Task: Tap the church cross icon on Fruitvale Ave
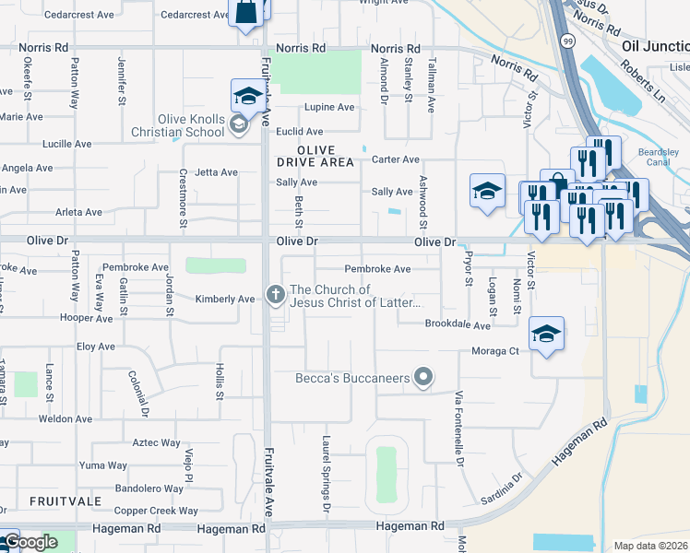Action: [x=274, y=295]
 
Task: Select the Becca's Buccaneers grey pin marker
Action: [x=423, y=376]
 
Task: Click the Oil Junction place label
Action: [x=655, y=47]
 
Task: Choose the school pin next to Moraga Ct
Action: [x=546, y=334]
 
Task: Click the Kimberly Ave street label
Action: [x=224, y=300]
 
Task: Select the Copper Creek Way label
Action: [x=156, y=511]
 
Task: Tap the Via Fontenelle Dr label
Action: [x=458, y=429]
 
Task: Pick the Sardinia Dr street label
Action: [x=502, y=489]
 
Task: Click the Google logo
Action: [x=30, y=542]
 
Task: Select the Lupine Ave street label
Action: [x=329, y=108]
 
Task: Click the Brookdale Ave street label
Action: [x=457, y=324]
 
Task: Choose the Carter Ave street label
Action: [x=395, y=159]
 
